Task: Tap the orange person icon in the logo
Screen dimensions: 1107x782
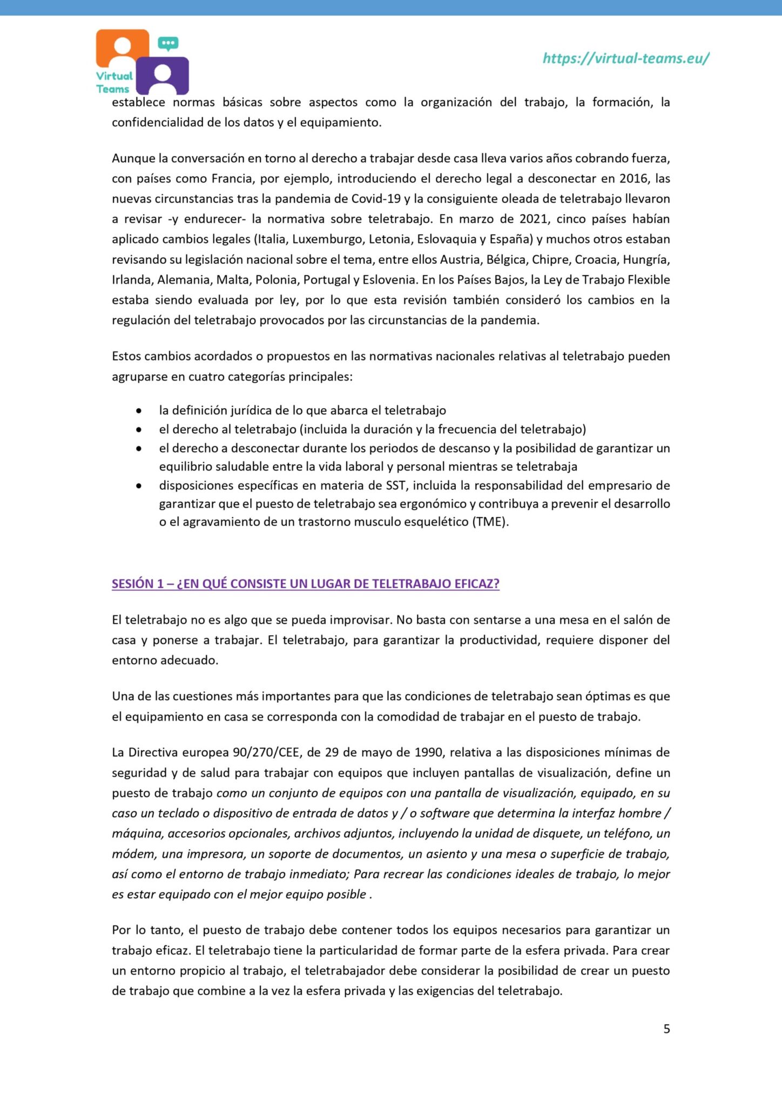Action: click(123, 48)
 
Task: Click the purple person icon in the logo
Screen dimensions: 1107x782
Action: click(162, 76)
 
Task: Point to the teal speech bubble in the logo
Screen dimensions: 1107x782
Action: click(168, 43)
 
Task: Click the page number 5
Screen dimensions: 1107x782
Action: click(666, 1029)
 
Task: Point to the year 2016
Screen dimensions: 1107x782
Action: click(633, 178)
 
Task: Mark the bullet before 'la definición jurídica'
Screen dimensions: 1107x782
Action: click(139, 411)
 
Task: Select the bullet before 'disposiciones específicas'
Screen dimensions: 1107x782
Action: click(139, 486)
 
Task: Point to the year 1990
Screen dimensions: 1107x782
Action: click(429, 752)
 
